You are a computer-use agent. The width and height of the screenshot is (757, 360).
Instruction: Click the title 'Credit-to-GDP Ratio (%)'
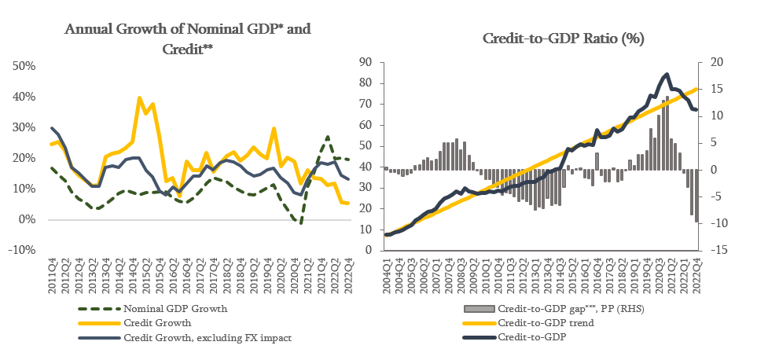(x=560, y=39)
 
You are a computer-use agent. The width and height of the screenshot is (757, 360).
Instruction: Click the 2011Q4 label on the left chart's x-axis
(x=53, y=275)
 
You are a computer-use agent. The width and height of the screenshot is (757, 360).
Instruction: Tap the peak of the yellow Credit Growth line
(x=139, y=98)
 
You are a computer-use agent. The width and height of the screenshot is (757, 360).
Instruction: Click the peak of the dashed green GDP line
(x=327, y=137)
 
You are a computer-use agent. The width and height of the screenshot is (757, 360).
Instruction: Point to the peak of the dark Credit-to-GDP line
(x=667, y=75)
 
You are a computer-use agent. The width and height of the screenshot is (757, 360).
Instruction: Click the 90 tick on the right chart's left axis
(x=366, y=62)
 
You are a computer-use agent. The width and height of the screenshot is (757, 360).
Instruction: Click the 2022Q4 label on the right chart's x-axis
(x=696, y=276)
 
